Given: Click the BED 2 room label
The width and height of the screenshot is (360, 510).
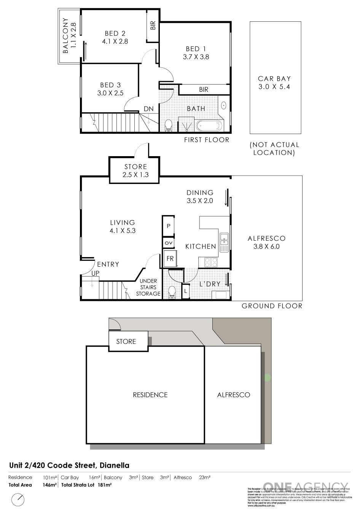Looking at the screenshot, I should (115, 37).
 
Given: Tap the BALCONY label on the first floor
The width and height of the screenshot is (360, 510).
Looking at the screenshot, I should (69, 35).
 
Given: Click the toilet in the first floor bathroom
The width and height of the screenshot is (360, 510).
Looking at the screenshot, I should (168, 125).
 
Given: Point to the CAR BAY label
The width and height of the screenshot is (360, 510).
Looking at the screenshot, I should (274, 83).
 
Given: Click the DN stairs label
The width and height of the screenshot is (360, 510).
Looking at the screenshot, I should (148, 109).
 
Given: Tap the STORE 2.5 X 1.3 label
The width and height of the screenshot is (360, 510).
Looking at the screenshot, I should (135, 171).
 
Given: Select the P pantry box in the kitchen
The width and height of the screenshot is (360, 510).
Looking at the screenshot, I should (168, 225).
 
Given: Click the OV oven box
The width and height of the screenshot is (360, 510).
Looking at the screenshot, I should (168, 243).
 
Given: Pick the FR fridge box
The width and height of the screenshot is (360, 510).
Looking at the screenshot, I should (170, 258).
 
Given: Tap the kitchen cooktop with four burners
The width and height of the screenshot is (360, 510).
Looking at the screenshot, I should (210, 262).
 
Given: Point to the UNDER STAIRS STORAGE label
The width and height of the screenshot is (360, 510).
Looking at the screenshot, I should (148, 287).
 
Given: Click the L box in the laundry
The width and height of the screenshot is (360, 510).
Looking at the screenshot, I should (186, 291).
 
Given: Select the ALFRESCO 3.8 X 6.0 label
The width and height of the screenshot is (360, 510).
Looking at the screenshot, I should (266, 242).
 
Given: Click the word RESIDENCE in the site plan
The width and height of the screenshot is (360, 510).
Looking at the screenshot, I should (150, 395).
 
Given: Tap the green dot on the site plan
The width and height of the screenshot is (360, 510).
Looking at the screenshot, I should (267, 378).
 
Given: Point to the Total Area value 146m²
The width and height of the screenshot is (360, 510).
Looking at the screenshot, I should (50, 485).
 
